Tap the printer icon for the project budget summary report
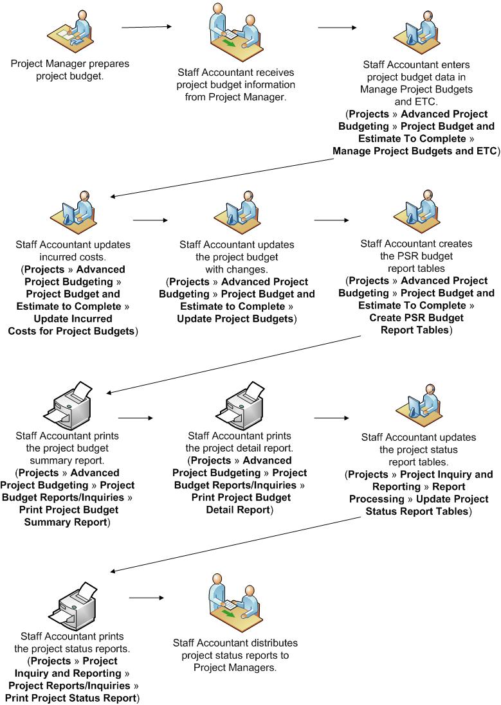(x=71, y=406)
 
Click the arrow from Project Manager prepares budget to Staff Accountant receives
(x=147, y=27)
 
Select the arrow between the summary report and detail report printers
(x=136, y=418)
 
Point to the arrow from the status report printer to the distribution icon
(x=147, y=598)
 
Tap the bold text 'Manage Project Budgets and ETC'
(x=414, y=151)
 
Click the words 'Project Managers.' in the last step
(x=235, y=668)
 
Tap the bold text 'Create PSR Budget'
(x=416, y=317)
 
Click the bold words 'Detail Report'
(x=238, y=510)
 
